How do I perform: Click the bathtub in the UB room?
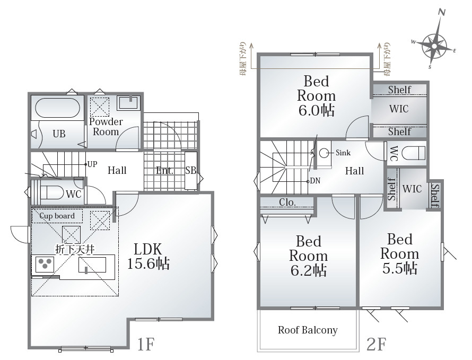tap(57, 108)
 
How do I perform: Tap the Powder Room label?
tap(106, 127)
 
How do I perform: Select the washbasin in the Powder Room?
tap(128, 103)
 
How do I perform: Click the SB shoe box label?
tap(191, 171)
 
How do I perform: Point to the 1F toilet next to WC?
tap(52, 192)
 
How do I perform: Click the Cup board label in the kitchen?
tap(57, 216)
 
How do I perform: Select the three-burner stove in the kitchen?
tap(45, 265)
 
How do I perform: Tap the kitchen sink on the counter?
tap(92, 266)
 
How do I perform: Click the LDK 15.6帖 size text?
tap(148, 264)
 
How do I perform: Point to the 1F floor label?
tap(146, 344)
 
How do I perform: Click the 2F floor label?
tap(377, 344)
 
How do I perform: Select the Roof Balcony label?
tap(308, 330)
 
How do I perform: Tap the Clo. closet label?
tap(287, 203)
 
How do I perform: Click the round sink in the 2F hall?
tap(324, 153)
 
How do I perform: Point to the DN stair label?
tap(315, 181)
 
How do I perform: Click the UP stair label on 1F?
tap(92, 164)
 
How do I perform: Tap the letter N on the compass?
tap(442, 12)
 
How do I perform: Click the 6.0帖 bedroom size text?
tap(317, 110)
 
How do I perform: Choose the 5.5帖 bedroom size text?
tap(400, 268)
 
